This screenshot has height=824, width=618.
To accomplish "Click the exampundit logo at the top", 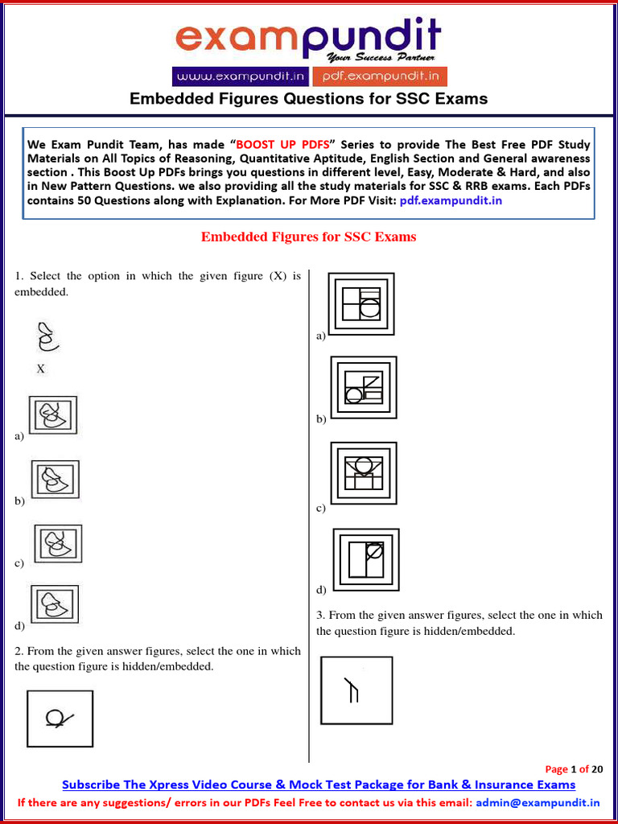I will tap(308, 39).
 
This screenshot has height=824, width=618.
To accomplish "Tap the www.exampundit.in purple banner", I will tap(239, 76).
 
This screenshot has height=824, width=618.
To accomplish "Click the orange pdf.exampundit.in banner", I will tap(379, 76).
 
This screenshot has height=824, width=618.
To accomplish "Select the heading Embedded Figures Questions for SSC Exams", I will tap(309, 99).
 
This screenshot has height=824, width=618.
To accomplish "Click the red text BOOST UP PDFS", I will tap(287, 145).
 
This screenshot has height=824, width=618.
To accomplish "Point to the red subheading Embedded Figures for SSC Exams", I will tap(308, 237).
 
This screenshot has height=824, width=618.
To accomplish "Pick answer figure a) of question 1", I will tap(53, 414).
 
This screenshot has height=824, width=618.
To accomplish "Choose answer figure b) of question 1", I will tap(55, 480).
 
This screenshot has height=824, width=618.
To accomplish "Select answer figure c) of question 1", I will tap(57, 543).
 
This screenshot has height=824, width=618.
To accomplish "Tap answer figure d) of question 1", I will tap(54, 604).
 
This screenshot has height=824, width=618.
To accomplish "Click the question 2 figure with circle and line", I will tap(60, 719).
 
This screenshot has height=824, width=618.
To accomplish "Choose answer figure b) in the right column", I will tap(364, 387).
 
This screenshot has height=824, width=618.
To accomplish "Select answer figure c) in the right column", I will tap(363, 473).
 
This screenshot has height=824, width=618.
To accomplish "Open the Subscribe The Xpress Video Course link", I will tap(319, 785).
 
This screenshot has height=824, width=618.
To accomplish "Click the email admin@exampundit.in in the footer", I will tap(538, 802).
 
